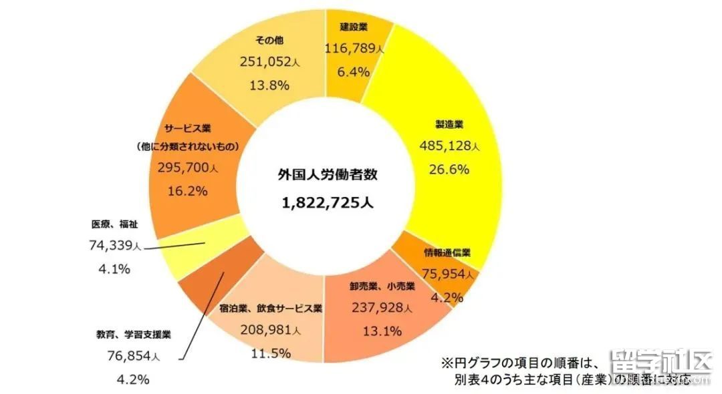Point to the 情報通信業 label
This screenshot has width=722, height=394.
[x=448, y=252]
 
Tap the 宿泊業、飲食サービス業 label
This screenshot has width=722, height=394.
[x=271, y=309]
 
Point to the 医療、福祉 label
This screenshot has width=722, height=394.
[x=114, y=224]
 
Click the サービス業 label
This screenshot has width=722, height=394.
[x=189, y=127]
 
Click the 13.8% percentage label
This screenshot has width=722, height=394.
[x=265, y=85]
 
